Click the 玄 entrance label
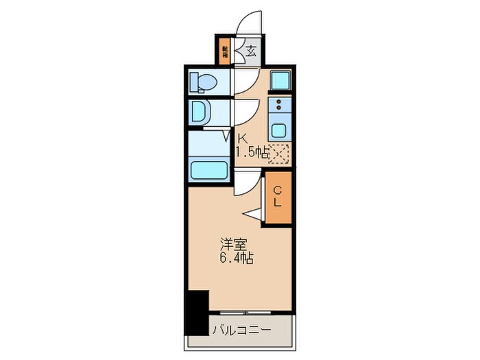pos(251,51)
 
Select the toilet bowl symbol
pos(204,83)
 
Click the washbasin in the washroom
pos(200,111)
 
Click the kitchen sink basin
pos(280,130)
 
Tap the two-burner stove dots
pos(280,106)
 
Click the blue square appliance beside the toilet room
pos(280,81)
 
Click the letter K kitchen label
pos(242,139)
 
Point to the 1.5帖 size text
pos(252,153)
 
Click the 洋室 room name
pos(231,244)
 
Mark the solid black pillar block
pos(198,312)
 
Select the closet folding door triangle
pos(252,215)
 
